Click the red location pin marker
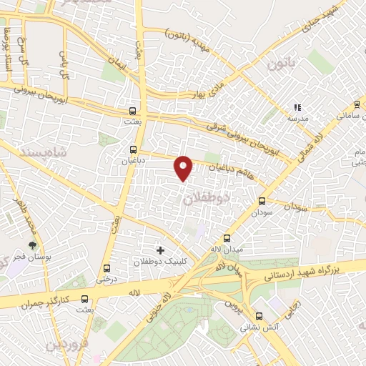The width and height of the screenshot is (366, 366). tap(184, 168)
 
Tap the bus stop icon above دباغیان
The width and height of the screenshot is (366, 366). tap(133, 149)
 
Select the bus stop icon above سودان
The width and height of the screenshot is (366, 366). tap(262, 201)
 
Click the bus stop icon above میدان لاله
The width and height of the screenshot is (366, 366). tap(227, 238)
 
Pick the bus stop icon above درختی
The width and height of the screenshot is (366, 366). tap(107, 267)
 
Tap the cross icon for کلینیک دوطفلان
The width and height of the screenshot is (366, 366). tap(159, 250)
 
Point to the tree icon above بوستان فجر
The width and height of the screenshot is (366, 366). tap(31, 247)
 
